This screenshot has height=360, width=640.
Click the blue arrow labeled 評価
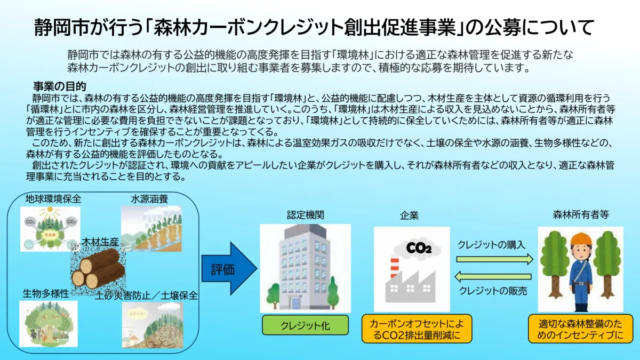(229, 269)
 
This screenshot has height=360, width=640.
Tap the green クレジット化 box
(305, 325)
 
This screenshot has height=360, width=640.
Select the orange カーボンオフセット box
(417, 329)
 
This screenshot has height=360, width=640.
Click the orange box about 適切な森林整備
(580, 329)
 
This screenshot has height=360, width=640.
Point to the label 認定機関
(306, 215)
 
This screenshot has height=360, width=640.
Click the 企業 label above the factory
(409, 215)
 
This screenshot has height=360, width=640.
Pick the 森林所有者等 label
(581, 214)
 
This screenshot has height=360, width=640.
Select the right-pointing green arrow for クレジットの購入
(494, 259)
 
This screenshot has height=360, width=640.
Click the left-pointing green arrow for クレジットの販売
(493, 277)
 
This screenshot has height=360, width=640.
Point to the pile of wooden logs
(98, 269)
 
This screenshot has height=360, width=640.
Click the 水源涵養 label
(149, 199)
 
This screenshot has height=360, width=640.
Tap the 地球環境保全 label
(53, 198)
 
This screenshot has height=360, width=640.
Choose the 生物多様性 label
(46, 293)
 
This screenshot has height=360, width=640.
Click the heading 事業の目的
(60, 86)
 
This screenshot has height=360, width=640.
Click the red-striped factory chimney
(395, 268)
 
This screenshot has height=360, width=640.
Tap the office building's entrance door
(294, 303)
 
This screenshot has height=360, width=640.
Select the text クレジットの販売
(493, 291)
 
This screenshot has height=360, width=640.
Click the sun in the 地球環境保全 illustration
(50, 212)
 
